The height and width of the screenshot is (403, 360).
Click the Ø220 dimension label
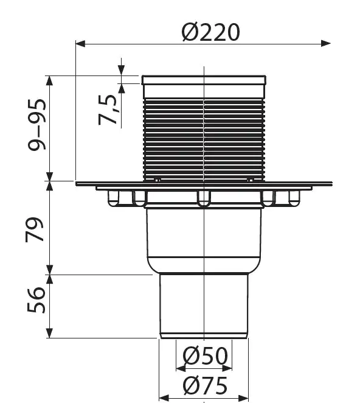coord(211,32)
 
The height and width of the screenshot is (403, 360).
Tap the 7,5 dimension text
coord(108,110)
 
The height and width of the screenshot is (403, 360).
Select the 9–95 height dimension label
coord(37,124)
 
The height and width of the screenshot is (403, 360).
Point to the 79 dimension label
coord(34,230)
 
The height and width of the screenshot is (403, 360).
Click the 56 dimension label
coord(36,300)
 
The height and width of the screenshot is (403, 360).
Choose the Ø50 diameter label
coord(205,356)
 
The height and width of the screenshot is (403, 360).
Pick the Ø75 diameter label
coord(205,385)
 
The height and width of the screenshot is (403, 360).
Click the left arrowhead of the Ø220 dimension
coord(81,43)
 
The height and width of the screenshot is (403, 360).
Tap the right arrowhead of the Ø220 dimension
coord(325,43)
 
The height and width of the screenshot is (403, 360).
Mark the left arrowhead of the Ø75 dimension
coord(164,398)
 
